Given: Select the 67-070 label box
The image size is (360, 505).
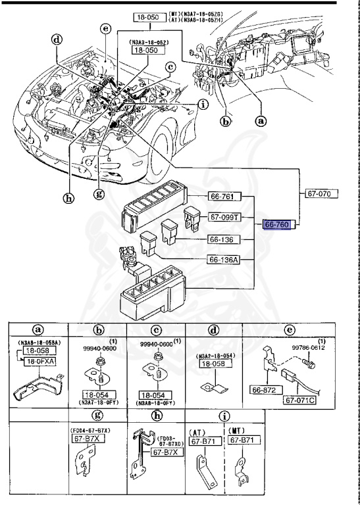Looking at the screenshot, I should pyautogui.click(x=322, y=194).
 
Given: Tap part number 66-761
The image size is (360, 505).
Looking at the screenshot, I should pyautogui.click(x=226, y=196).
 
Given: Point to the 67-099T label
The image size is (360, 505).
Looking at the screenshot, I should pyautogui.click(x=226, y=216).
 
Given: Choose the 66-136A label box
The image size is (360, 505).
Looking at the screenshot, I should pyautogui.click(x=226, y=260).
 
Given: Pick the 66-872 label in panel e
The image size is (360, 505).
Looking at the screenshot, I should pyautogui.click(x=263, y=391).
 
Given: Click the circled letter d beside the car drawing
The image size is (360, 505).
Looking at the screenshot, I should pyautogui.click(x=57, y=39).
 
